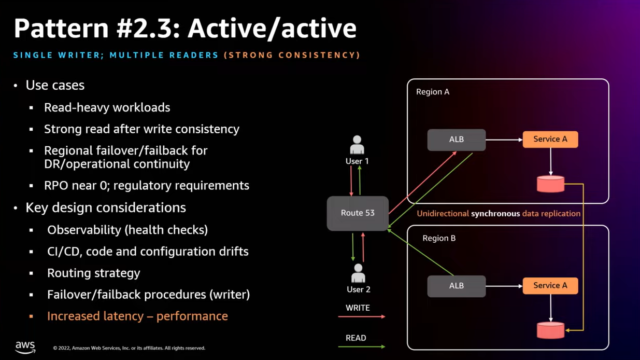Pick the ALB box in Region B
tap(449, 286)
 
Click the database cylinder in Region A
tap(550, 182)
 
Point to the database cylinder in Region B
tap(550, 330)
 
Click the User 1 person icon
tap(357, 146)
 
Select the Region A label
tap(432, 92)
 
